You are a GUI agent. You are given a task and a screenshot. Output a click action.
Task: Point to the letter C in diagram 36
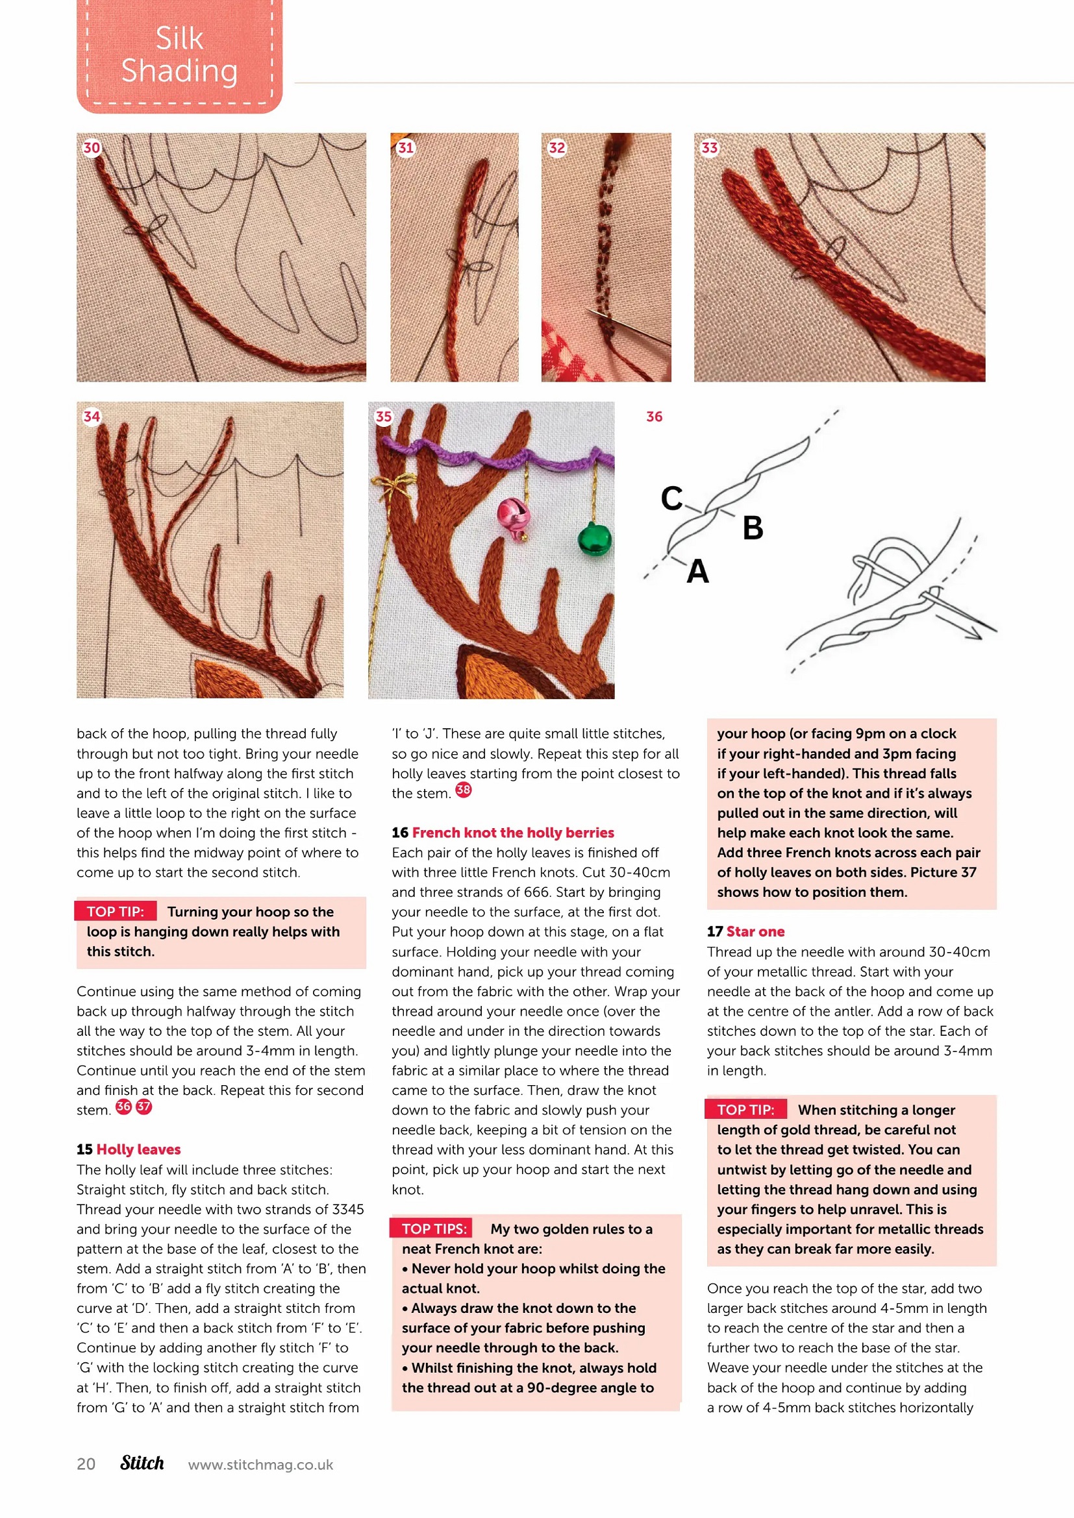coord(671,498)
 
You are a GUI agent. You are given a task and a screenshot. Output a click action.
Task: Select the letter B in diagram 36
coord(753,528)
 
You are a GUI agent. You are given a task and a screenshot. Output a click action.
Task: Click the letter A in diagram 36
coord(697,572)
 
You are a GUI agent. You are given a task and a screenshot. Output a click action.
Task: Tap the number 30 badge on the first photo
coord(92,147)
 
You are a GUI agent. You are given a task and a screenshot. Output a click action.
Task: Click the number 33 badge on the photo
coord(709,147)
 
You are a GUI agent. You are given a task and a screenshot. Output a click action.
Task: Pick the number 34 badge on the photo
coord(92,417)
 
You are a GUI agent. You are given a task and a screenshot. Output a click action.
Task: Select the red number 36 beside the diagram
coord(654,417)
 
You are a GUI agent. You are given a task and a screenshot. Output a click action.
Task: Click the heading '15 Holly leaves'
coord(129,1149)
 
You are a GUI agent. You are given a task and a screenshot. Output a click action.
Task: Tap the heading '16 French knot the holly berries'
coord(503,833)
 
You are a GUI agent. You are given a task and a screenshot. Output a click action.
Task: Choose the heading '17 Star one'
coord(745,931)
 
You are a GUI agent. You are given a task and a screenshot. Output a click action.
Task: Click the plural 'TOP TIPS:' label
coord(434,1229)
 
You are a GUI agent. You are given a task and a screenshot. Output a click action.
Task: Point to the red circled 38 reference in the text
coord(464,789)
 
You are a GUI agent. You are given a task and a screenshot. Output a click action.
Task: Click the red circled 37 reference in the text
coord(144,1106)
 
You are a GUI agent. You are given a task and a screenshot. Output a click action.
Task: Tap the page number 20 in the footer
coord(86,1463)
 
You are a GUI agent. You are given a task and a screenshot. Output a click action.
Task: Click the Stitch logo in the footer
coord(142,1462)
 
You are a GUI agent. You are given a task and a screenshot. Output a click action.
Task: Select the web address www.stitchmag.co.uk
coord(260,1464)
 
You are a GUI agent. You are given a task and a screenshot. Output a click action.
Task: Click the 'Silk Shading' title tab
coord(179,56)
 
